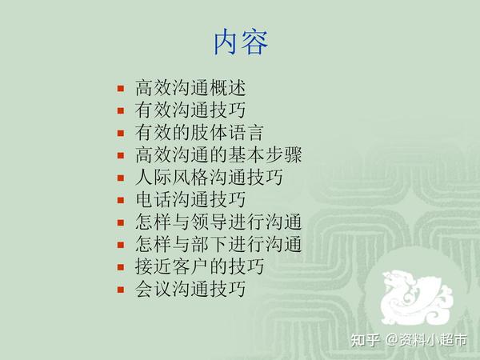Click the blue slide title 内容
pos(241,42)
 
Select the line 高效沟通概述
pos(190,88)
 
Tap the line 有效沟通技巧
pos(190,110)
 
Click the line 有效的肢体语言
pos(199,133)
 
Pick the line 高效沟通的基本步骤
pos(218,155)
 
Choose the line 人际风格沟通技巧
pos(209,178)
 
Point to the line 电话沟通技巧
pos(190,199)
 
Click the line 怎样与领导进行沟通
pos(218,222)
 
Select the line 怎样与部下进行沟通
pos(218,244)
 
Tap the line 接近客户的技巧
pos(199,266)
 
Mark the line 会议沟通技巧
pos(190,289)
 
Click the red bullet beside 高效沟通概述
pos(121,89)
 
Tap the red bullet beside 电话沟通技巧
pos(121,200)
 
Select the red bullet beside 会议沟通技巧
pos(121,290)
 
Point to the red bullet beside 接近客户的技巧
pos(121,267)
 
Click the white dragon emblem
pos(416,298)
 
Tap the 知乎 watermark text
pos(365,340)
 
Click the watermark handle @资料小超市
pos(426,340)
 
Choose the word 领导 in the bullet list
pos(210,222)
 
